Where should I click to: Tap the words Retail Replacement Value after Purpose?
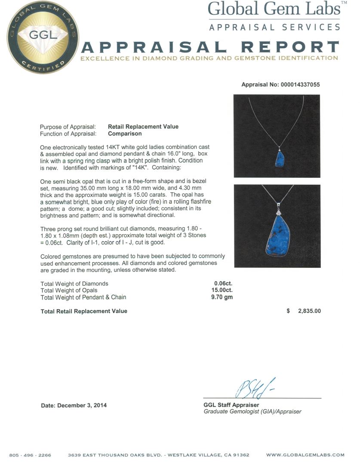pyautogui.click(x=143, y=127)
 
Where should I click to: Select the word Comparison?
pyautogui.click(x=125, y=133)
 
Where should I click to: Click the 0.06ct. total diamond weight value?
pyautogui.click(x=223, y=283)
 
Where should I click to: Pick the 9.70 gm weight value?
pyautogui.click(x=222, y=297)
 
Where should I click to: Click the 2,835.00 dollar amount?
pyautogui.click(x=309, y=311)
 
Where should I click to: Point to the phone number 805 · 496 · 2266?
pyautogui.click(x=30, y=455)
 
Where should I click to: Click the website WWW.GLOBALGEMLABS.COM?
pyautogui.click(x=305, y=455)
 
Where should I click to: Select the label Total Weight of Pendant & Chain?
pyautogui.click(x=83, y=297)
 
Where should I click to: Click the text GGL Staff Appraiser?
pyautogui.click(x=231, y=405)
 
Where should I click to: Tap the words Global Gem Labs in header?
pyautogui.click(x=274, y=9)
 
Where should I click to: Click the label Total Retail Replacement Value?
pyautogui.click(x=83, y=311)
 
